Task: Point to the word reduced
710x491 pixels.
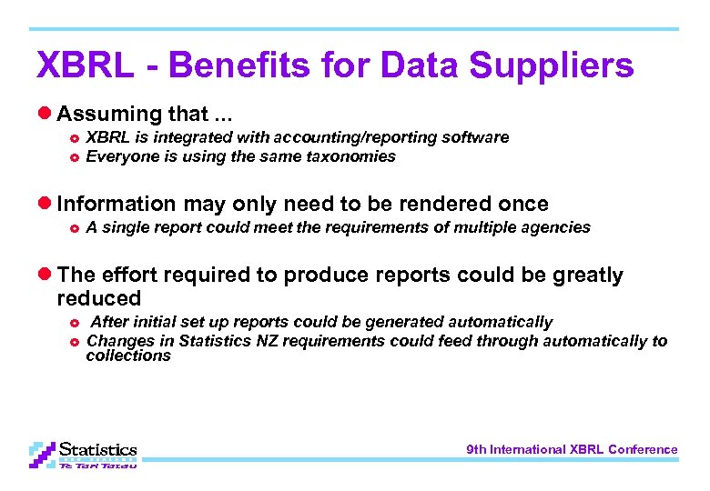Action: [x=98, y=298]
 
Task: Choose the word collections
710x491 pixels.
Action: [x=128, y=356]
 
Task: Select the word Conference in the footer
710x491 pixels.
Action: [x=643, y=449]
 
